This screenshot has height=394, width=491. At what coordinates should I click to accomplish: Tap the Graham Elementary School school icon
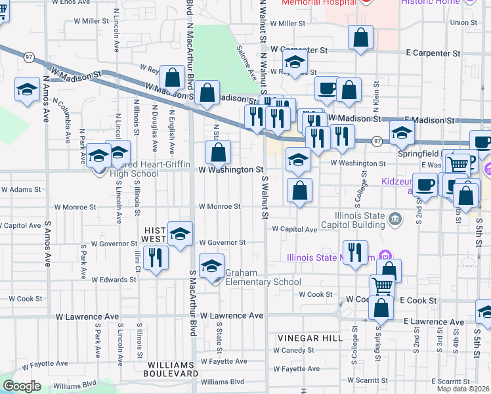click(211, 267)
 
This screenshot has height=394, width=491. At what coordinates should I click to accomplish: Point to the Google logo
click(22, 386)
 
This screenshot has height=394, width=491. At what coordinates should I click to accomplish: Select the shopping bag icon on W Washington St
click(218, 153)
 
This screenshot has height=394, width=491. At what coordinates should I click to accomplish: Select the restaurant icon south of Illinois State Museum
click(355, 252)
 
